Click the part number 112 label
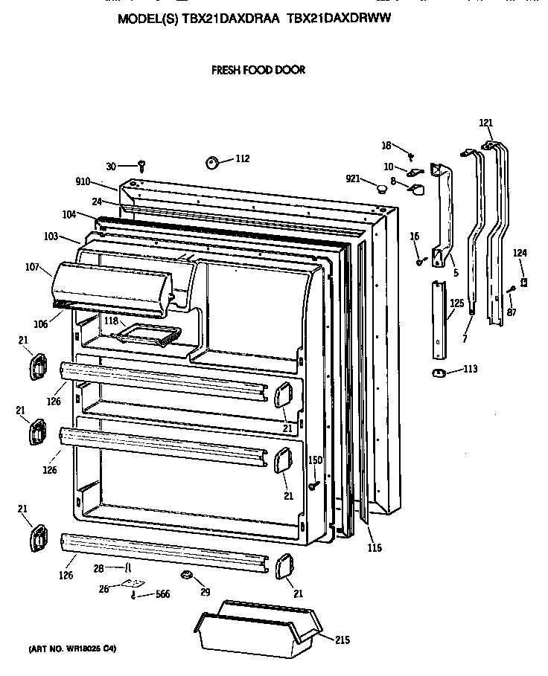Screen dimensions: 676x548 point(243,158)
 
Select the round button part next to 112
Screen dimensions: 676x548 point(211,162)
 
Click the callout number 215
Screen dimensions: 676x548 point(341,640)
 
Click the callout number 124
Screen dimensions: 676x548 point(520,254)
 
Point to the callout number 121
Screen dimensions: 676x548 point(485,123)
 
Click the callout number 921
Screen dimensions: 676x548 point(354,178)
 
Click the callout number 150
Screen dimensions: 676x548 point(315,461)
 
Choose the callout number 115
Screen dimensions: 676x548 point(374,548)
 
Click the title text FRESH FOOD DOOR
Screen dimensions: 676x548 point(258,71)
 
